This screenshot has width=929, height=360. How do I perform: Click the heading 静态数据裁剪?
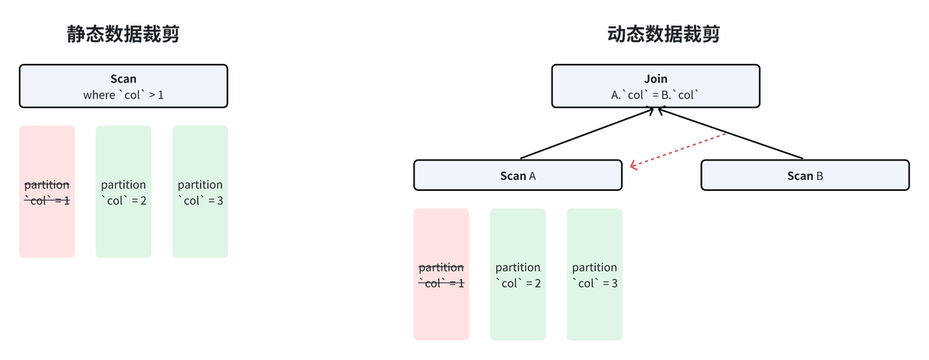point(123,34)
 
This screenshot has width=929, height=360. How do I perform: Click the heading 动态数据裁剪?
point(663,34)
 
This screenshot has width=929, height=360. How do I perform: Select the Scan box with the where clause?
point(123,86)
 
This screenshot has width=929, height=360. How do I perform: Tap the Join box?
point(655,86)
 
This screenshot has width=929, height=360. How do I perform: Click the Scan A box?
point(517,176)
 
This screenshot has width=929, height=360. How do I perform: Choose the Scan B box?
point(805,176)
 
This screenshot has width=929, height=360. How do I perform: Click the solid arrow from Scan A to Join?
point(588,134)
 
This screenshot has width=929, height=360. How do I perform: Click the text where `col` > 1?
point(123,95)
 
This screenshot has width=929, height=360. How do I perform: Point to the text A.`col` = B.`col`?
point(655,95)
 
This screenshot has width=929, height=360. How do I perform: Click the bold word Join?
point(655,78)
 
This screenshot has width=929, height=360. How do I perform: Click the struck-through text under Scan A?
point(441,275)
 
